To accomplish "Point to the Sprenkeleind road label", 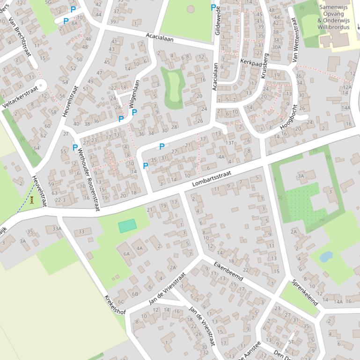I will coord(305,293).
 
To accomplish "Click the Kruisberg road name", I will coord(264,65).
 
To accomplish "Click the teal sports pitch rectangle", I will coord(127,226).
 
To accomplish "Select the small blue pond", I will coord(326,257).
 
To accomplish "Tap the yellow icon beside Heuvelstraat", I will coord(32,200).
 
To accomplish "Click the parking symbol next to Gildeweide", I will coord(213,7).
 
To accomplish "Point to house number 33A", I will coord(57,229).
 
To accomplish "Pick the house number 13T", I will coord(229,143).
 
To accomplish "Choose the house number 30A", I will coord(276,47).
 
